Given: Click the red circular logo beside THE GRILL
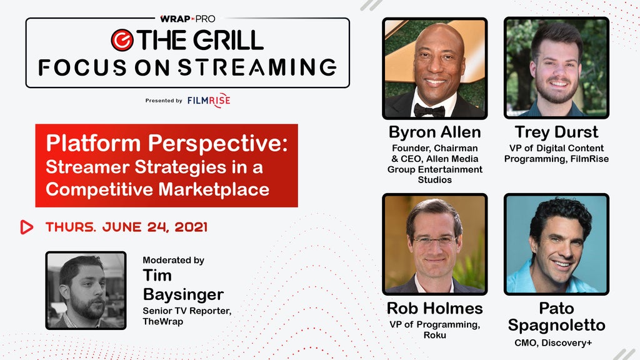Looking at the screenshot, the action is tap(122, 40).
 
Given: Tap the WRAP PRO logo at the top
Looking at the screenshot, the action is tap(187, 19).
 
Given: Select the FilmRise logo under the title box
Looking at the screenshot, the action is tap(209, 101).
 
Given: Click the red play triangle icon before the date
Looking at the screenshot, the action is tap(26, 227).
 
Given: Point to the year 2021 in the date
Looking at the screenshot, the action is tap(191, 227).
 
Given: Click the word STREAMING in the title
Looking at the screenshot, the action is tap(257, 67).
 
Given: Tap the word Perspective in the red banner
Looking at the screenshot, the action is tap(218, 144).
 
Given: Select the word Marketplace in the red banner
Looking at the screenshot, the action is tap(214, 189).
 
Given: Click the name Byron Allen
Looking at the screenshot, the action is tap(435, 132).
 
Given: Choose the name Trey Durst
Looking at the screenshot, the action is tap(556, 132).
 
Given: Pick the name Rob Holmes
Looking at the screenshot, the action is tap(435, 309).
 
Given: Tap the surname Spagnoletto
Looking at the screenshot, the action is tap(556, 326).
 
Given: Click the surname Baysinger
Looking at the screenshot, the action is tap(183, 295).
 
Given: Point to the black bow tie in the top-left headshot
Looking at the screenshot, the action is tap(429, 110).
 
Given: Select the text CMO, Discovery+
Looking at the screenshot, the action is tap(553, 343).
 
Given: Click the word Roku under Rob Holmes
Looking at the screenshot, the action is tap(435, 335).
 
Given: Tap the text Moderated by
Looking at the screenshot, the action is tap(174, 261).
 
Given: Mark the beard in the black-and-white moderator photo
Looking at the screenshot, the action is tap(87, 307).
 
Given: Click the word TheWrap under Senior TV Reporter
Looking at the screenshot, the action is tap(163, 322).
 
